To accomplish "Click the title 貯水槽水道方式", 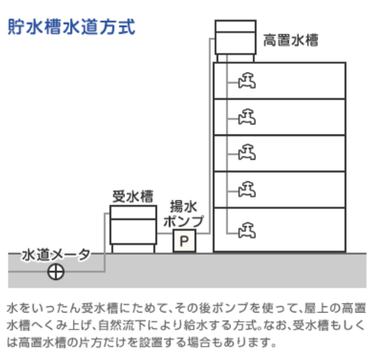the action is (x=71, y=26).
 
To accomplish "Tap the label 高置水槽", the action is (x=291, y=40).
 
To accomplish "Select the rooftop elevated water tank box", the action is (x=236, y=37).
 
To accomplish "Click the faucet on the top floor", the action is (x=247, y=80).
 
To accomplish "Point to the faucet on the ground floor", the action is (x=247, y=230).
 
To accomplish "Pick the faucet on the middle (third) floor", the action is (x=247, y=152).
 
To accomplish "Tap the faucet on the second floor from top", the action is (x=247, y=117).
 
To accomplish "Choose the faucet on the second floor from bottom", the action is (x=247, y=190).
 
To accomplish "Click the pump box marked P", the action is (x=185, y=240).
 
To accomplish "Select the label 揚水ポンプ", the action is (x=184, y=214).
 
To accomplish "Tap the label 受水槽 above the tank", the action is (x=133, y=197).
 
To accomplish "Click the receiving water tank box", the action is (x=133, y=225).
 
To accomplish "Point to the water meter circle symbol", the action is (x=56, y=272).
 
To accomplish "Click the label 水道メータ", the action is (x=56, y=255).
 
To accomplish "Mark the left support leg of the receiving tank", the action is (x=112, y=248).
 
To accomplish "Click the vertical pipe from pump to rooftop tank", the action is (x=210, y=136).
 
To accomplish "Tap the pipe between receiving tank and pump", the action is (x=165, y=233).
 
